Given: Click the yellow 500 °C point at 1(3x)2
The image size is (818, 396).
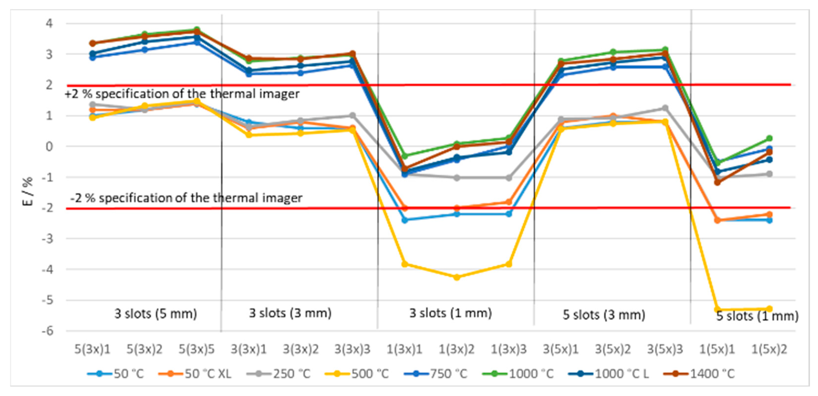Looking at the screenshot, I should point(456,277).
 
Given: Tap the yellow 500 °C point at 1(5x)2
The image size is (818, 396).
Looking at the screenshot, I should point(769,308).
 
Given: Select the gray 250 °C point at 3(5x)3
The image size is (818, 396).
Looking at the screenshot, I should point(665,108).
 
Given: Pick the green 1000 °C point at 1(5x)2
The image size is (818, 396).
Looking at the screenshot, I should point(769,138).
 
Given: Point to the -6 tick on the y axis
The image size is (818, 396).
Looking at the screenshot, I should point(48,331).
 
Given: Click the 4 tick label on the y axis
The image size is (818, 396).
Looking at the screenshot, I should point(50,23).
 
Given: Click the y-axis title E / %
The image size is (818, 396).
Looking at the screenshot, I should point(28,191).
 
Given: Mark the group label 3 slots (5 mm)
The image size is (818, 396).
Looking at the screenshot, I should point(156,314).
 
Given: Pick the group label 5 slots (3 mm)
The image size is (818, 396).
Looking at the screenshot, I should point(604,315).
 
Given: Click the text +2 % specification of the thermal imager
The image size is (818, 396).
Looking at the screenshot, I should point(182,94).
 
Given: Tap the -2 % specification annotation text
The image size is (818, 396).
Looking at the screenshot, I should point(186,198).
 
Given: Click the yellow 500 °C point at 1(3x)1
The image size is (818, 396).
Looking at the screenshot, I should point(404,264).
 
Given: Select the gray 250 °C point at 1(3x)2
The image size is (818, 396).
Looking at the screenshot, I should point(456,178).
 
